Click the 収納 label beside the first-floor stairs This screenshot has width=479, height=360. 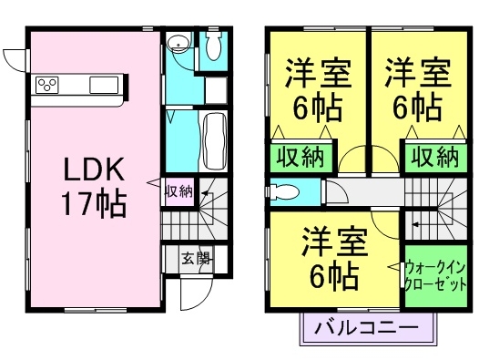178,191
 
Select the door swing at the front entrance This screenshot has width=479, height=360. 190,292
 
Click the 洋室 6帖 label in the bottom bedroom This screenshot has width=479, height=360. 334,257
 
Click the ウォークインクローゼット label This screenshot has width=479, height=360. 437,274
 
